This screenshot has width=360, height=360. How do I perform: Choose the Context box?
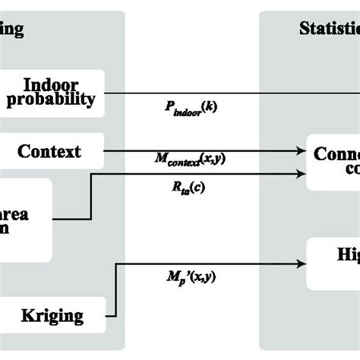tap(49, 150)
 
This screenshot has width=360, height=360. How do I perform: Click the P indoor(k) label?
tap(190, 108)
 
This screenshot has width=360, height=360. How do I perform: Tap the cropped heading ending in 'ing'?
tap(12, 30)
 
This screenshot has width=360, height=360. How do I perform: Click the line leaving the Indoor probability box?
tap(228, 93)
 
